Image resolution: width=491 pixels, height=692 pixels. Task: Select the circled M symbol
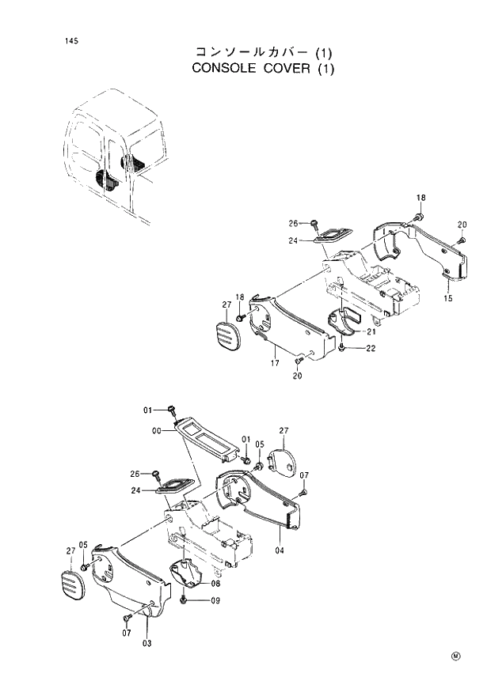[456, 656]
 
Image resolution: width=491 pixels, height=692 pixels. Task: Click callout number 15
[447, 298]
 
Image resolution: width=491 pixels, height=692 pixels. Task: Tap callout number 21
[370, 332]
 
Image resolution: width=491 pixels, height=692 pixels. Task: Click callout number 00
[156, 431]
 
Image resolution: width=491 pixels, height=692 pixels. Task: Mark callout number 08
[215, 583]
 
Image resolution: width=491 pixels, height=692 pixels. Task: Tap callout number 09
[215, 601]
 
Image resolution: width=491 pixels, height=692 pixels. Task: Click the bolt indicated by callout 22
[341, 347]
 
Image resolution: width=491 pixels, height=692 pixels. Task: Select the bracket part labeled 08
[188, 574]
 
